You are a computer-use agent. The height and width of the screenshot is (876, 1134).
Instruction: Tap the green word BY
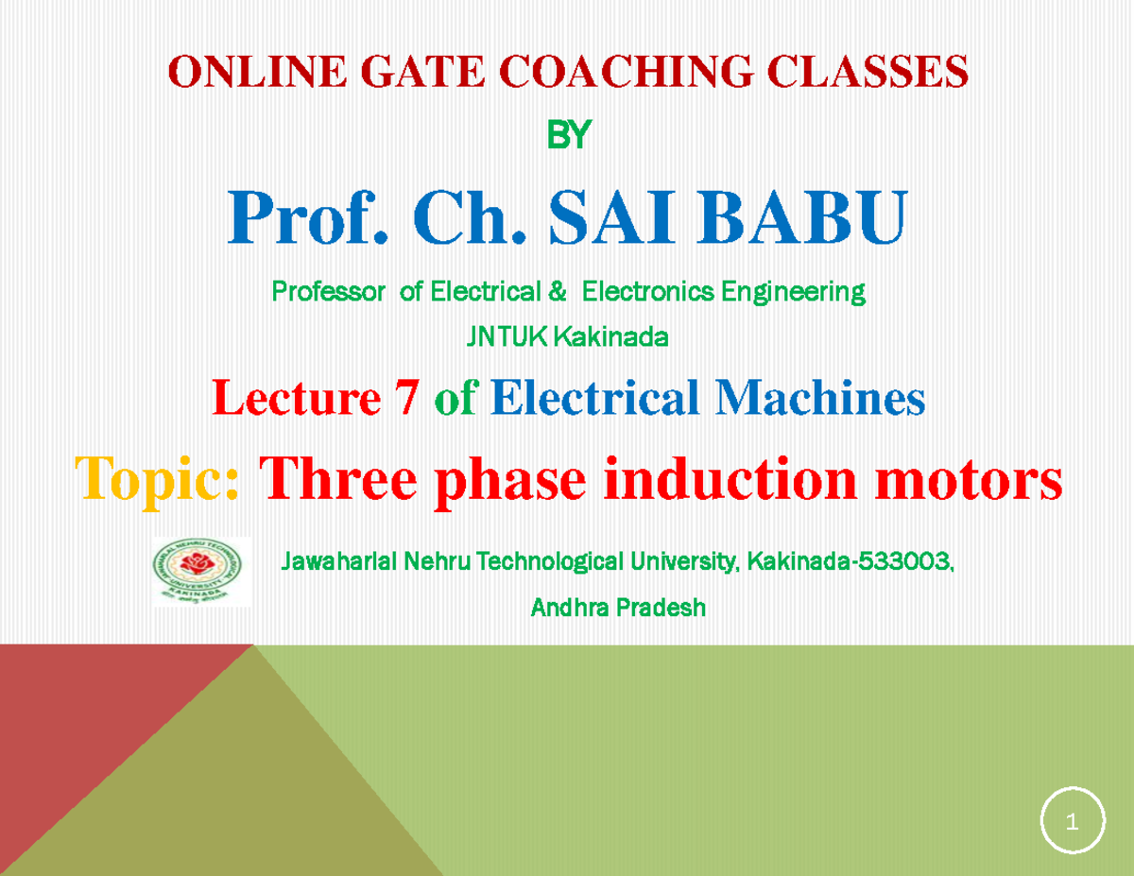point(568,138)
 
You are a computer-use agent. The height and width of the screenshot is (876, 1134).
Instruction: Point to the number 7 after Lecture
point(406,400)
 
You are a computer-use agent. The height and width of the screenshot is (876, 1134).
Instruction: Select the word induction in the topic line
point(750,479)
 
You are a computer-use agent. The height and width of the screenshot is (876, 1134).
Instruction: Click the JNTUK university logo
point(201,571)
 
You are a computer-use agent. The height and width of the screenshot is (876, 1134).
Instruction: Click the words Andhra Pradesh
point(618,608)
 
